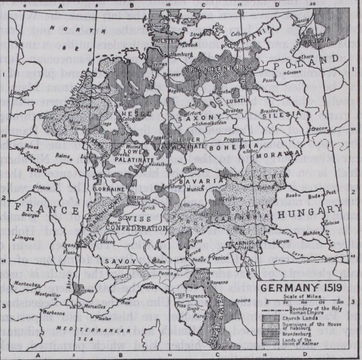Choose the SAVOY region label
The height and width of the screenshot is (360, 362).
(114, 261)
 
